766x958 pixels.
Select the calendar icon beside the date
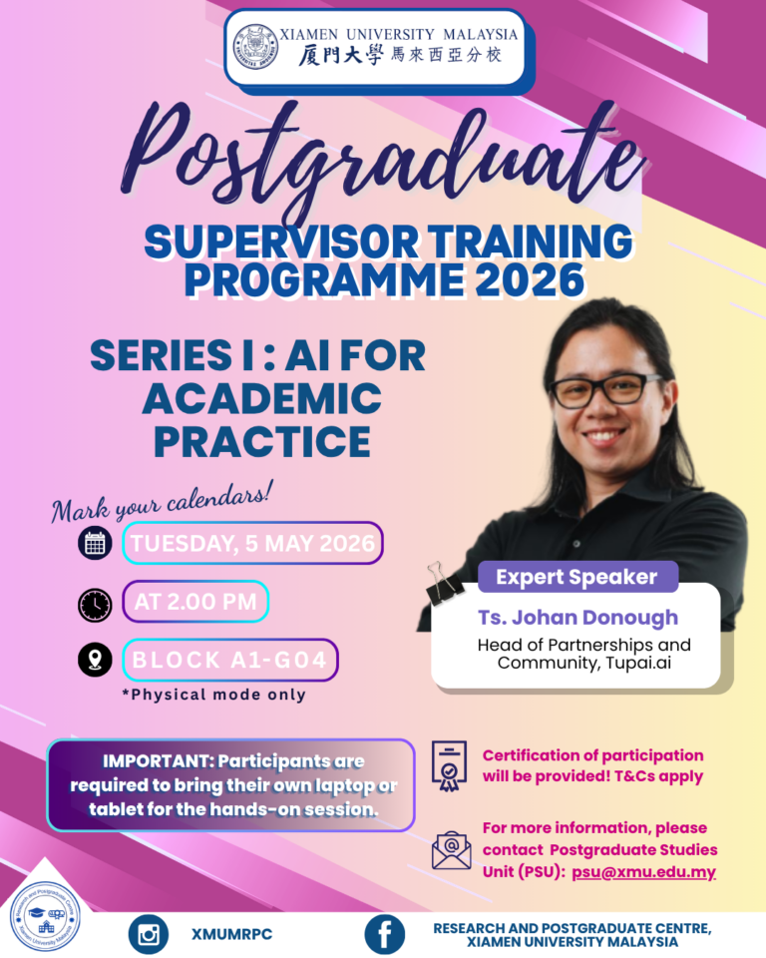[x=96, y=544]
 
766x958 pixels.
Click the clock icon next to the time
[x=96, y=604]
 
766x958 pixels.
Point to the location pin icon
[x=96, y=660]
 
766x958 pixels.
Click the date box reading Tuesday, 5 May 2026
[x=252, y=544]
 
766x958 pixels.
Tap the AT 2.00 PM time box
[x=194, y=602]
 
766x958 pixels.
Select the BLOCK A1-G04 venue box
[x=229, y=660]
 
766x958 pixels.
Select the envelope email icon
[x=451, y=849]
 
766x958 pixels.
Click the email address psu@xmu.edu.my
[x=643, y=871]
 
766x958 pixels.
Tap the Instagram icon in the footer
[x=149, y=934]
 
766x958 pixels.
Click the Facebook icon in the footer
[x=384, y=934]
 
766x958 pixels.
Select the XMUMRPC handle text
[x=233, y=935]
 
